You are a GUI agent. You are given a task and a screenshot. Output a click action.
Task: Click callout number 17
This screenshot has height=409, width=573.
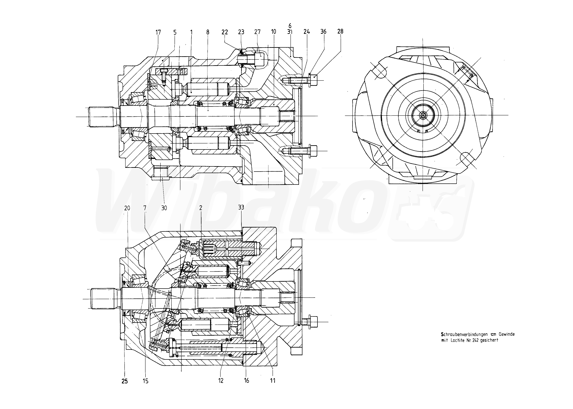[x=158, y=32]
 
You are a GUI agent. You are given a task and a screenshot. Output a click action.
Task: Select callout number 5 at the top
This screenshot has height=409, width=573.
[x=175, y=33]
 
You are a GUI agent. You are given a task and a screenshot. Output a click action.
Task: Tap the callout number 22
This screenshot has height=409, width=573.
[x=225, y=32]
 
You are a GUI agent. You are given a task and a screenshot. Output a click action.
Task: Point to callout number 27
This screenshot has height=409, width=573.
[x=257, y=32]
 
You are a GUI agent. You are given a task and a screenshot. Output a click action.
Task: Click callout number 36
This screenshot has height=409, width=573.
[x=323, y=32]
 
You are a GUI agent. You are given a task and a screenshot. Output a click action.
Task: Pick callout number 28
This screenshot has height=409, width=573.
[x=340, y=31]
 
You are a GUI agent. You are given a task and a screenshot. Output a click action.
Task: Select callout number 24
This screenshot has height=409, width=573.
[x=306, y=32]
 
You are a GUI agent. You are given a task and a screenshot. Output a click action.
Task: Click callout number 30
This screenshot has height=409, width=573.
[x=164, y=208]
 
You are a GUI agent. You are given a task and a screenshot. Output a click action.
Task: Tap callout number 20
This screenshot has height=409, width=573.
[x=127, y=208]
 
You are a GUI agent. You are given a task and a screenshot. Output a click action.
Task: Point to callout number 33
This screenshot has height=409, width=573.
[x=241, y=207]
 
